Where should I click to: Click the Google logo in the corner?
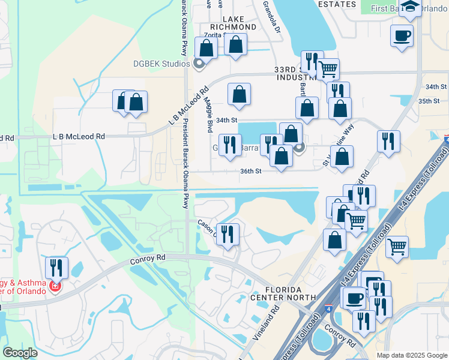click(20, 353)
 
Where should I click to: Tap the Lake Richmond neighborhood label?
click(235, 23)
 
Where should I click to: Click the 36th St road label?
click(251, 171)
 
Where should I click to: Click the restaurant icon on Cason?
click(227, 234)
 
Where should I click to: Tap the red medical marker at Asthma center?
click(55, 287)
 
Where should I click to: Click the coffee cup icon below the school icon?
click(402, 35)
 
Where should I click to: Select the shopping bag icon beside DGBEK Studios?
click(206, 49)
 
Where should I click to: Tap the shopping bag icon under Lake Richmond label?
click(235, 44)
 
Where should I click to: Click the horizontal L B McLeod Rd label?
click(79, 136)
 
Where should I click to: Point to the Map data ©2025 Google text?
click(412, 355)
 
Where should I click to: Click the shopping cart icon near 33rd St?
click(328, 69)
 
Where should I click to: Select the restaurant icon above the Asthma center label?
click(56, 267)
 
